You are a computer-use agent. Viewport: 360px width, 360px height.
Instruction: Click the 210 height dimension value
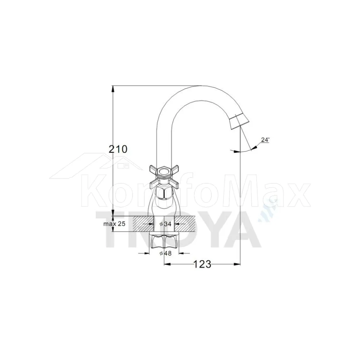tap(118, 149)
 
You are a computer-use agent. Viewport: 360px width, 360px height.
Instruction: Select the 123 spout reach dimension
tap(202, 264)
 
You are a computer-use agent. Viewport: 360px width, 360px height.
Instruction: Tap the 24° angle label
tap(265, 140)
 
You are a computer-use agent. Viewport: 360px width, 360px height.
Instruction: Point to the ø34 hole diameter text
tap(166, 224)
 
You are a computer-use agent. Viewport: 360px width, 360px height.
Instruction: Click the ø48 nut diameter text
tap(166, 253)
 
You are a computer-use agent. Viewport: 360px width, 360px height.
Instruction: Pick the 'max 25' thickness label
tap(114, 224)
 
